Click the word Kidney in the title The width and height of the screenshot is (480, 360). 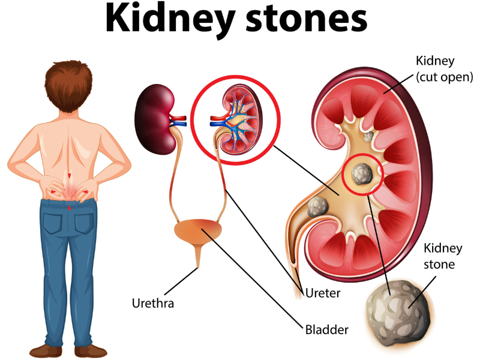point(170,20)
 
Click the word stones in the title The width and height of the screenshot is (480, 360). point(307,19)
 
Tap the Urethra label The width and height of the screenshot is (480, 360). point(153,304)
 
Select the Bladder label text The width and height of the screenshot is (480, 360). point(326,329)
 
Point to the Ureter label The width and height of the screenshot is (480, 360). point(323,293)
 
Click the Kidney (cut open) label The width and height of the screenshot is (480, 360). point(444,68)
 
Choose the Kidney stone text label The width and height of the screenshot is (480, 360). point(443,256)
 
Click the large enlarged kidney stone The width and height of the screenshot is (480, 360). point(400,313)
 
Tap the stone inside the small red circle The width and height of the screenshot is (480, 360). point(362,174)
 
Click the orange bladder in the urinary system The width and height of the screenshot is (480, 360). point(198,232)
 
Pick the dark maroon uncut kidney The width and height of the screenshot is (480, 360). point(155,119)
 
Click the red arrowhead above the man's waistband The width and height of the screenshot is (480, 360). point(70,176)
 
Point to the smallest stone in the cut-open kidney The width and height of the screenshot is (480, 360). point(368,137)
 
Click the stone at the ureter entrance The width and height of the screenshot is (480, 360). point(318,207)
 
